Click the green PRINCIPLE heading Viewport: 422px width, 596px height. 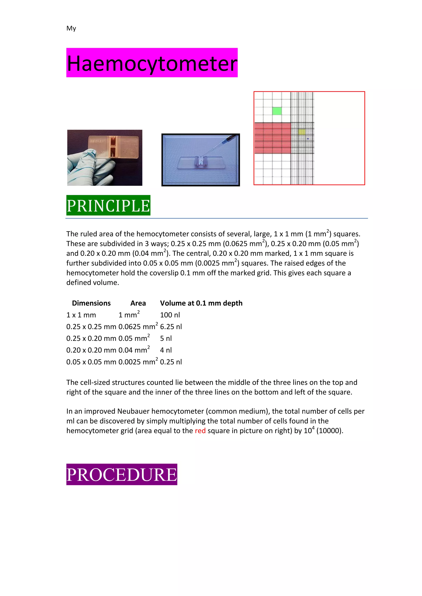[108, 205]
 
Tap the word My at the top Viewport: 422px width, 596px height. [71, 28]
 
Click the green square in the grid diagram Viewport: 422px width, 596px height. [277, 111]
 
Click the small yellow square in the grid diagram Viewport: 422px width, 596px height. [301, 132]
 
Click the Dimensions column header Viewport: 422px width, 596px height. [91, 303]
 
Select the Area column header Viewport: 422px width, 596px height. [138, 303]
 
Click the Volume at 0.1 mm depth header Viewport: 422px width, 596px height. [201, 303]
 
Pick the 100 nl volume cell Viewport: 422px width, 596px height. [170, 315]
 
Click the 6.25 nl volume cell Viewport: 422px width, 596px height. [171, 327]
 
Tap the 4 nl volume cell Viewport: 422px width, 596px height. [166, 350]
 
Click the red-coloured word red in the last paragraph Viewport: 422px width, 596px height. [200, 431]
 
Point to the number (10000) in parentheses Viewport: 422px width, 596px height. [329, 431]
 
